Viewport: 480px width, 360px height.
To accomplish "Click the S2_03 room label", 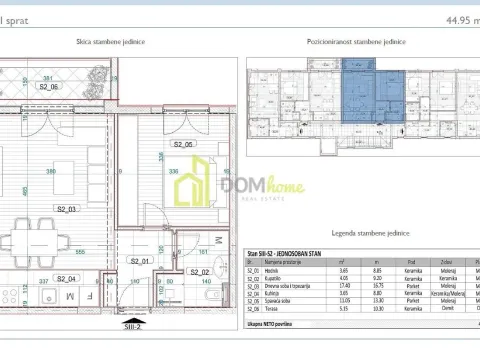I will (67, 210).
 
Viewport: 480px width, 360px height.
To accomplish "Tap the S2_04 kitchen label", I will (67, 279).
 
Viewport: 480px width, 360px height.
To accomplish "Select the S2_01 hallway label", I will (139, 262).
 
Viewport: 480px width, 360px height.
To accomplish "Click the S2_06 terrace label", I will (50, 87).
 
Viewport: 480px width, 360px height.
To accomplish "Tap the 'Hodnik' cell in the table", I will (272, 270).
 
